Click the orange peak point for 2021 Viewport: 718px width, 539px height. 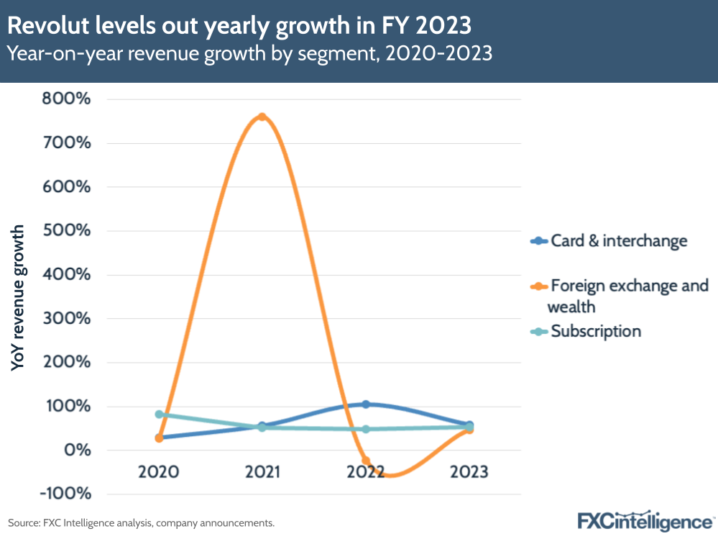click(262, 117)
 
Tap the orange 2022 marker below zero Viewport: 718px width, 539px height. click(366, 461)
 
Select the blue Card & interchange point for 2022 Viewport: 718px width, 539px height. click(366, 404)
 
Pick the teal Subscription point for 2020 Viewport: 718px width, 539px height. click(159, 415)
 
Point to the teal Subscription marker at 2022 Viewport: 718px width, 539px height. click(366, 429)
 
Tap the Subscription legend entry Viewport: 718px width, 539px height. click(595, 331)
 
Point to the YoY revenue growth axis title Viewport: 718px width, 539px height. click(19, 298)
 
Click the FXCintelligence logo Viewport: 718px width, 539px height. click(646, 520)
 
